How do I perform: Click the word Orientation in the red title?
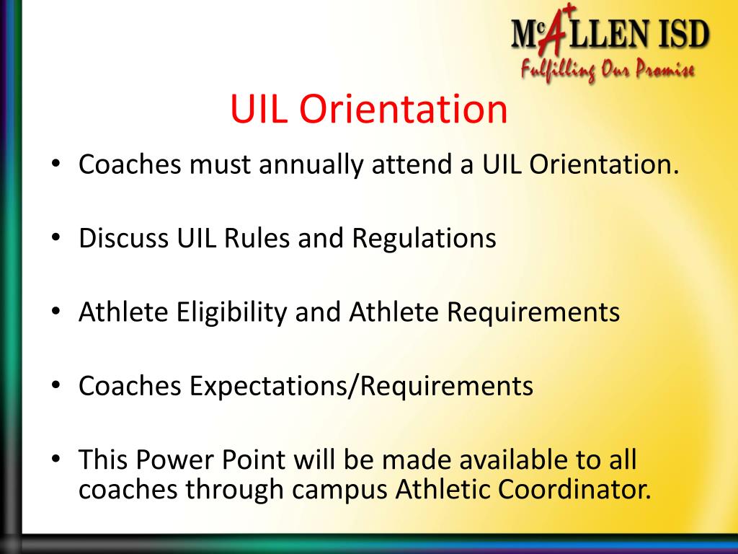click(x=403, y=110)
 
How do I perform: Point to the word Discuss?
click(x=124, y=239)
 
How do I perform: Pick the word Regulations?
click(x=424, y=239)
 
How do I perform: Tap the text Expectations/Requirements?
click(x=361, y=387)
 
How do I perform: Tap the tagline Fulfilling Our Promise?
click(x=607, y=71)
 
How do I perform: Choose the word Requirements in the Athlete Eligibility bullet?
click(x=533, y=313)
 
